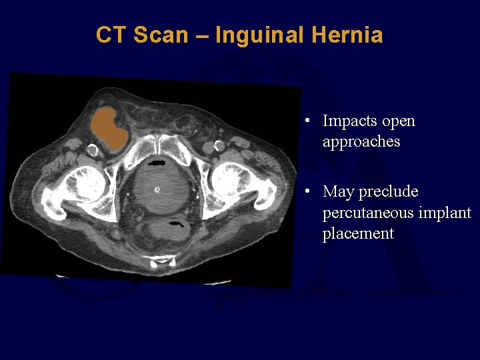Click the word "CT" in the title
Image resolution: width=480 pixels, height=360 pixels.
[x=111, y=35]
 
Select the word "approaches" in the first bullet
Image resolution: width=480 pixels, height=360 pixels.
[x=361, y=142]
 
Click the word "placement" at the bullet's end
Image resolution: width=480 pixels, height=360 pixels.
[x=358, y=233]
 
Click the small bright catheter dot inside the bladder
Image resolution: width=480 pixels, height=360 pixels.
[x=157, y=189]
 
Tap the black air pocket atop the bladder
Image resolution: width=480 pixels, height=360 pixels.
[x=158, y=162]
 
